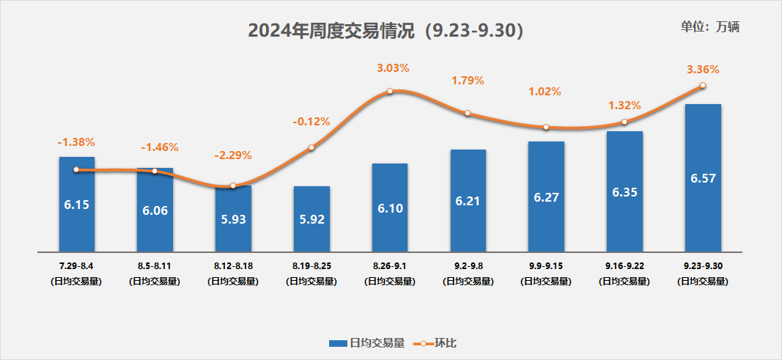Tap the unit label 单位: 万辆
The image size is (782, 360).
coord(710,26)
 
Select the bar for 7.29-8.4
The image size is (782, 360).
coord(77,213)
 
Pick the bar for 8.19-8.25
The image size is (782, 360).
coord(311,227)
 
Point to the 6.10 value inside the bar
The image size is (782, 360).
coord(390,208)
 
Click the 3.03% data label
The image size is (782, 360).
coord(393,68)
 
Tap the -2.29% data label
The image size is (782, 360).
coord(233,155)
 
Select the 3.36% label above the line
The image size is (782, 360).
coord(703,70)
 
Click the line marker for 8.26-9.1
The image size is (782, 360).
coord(390,91)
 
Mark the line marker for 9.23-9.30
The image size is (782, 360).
coord(703,86)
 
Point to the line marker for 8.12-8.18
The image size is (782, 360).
coord(233,185)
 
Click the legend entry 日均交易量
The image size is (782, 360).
coord(366,342)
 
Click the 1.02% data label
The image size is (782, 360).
coord(545,92)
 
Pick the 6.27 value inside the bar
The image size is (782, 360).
coord(546,198)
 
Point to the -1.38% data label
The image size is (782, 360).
coord(76,142)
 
